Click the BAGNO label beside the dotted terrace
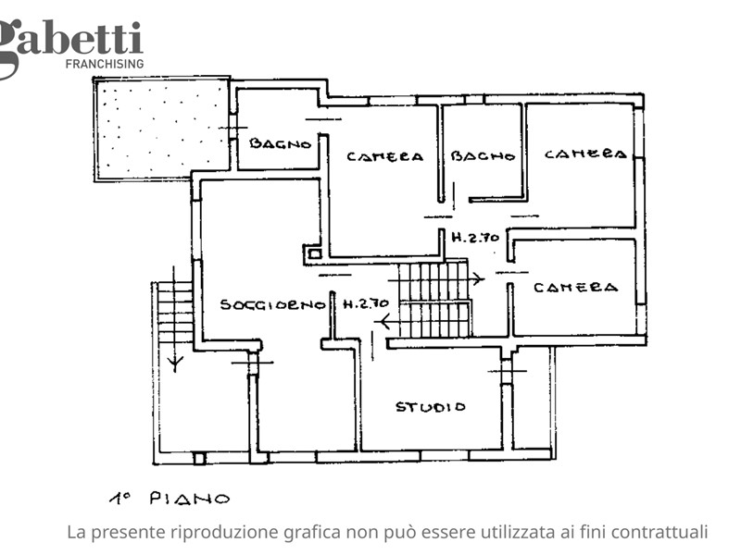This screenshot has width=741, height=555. tap(281, 143)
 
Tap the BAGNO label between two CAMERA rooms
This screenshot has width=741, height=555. tap(483, 155)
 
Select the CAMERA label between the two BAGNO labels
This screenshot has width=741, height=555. tap(384, 156)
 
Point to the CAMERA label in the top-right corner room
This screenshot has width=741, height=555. tap(585, 154)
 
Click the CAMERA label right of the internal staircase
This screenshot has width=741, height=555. tap(575, 288)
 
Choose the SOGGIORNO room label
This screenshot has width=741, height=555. tap(273, 304)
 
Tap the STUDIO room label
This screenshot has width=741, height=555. tap(431, 407)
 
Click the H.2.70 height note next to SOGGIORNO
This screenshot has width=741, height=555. tap(366, 303)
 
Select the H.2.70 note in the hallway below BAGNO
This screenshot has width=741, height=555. tap(475, 237)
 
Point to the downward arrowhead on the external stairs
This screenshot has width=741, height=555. tap(175, 364)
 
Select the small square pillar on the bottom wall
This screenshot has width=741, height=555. tap(199, 458)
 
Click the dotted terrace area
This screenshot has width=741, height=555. tap(162, 128)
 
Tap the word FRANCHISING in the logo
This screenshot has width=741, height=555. tap(105, 64)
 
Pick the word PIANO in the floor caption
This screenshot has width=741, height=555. tap(190, 499)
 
